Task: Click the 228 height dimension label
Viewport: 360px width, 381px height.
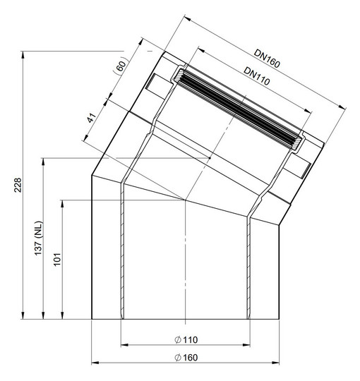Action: [18, 185]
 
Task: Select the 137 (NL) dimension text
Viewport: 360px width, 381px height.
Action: [38, 238]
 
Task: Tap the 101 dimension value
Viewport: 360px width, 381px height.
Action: [57, 259]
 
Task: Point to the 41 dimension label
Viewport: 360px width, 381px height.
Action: [92, 118]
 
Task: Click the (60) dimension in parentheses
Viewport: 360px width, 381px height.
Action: [121, 65]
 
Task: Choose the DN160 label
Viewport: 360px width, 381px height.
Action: [267, 59]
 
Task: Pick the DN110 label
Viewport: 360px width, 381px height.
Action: [257, 76]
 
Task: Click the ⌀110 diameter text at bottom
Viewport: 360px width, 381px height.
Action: [186, 339]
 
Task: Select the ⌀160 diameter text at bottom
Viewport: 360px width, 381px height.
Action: [186, 358]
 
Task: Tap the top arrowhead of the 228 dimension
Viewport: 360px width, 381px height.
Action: [23, 54]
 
